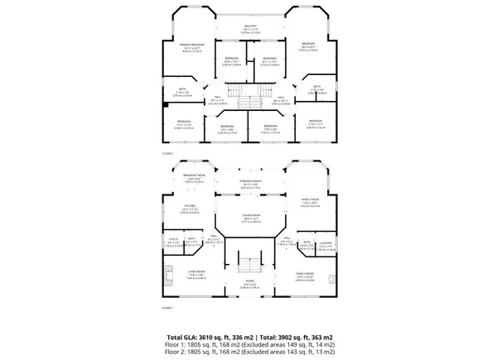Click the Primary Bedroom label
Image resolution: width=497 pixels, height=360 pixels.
pos(191,45)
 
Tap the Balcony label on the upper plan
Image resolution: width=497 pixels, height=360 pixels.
pos(249,26)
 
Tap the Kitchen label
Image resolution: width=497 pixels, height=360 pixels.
pos(189,208)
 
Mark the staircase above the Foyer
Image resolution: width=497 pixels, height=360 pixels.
pos(249,266)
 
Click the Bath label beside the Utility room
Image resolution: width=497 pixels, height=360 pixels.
pos(191,241)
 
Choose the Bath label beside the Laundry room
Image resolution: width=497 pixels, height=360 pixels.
pos(306,242)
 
